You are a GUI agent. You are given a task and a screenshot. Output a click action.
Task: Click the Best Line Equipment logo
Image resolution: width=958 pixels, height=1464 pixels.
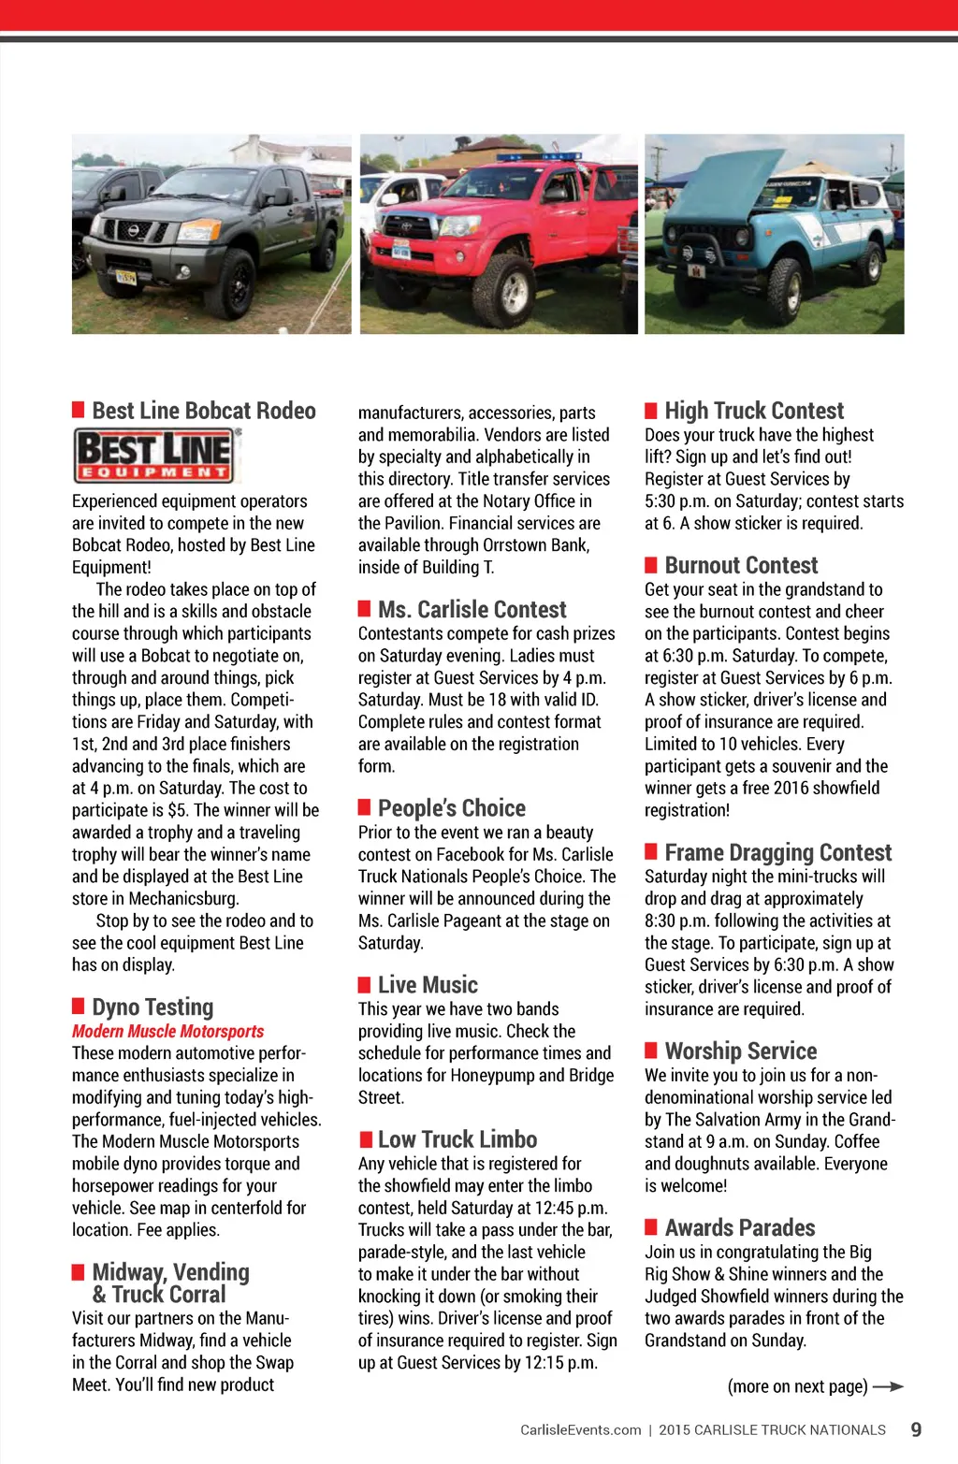click(x=155, y=455)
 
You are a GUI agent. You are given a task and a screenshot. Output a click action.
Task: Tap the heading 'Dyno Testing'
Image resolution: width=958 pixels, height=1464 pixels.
click(x=152, y=1007)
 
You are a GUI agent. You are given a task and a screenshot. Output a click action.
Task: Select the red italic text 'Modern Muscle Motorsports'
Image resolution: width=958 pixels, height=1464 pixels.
click(x=167, y=1031)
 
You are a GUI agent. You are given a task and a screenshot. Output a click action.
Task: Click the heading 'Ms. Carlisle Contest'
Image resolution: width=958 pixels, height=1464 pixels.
click(x=472, y=610)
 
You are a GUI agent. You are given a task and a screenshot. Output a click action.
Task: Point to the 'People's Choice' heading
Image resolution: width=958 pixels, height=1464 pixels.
click(x=451, y=808)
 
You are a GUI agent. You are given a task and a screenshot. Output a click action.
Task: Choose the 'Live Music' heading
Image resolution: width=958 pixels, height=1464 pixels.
click(x=428, y=985)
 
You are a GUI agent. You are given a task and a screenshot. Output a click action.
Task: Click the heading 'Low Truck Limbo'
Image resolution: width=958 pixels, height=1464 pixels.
click(x=457, y=1139)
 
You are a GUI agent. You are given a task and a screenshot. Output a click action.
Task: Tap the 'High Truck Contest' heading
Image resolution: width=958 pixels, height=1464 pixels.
click(x=754, y=411)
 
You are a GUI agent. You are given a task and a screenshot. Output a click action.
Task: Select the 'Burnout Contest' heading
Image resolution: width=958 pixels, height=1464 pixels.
click(x=741, y=565)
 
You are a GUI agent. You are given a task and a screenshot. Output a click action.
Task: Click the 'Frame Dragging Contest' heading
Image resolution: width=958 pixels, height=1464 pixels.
click(x=777, y=852)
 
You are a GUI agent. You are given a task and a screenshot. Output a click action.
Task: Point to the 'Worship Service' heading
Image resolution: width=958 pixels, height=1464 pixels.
click(x=740, y=1051)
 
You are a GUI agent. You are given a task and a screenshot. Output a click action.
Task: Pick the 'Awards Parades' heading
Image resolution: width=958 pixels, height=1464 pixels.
click(x=739, y=1227)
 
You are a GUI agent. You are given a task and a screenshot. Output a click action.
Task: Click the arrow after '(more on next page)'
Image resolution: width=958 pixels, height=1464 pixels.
click(x=888, y=1386)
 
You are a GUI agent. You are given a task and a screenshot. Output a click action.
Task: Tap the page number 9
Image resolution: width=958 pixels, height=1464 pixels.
click(x=916, y=1429)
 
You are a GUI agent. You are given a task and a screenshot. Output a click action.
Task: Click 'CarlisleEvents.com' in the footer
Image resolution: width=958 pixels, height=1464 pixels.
click(x=580, y=1429)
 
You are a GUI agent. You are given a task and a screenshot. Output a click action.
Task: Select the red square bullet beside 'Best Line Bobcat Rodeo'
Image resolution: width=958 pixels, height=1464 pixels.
click(x=79, y=410)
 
